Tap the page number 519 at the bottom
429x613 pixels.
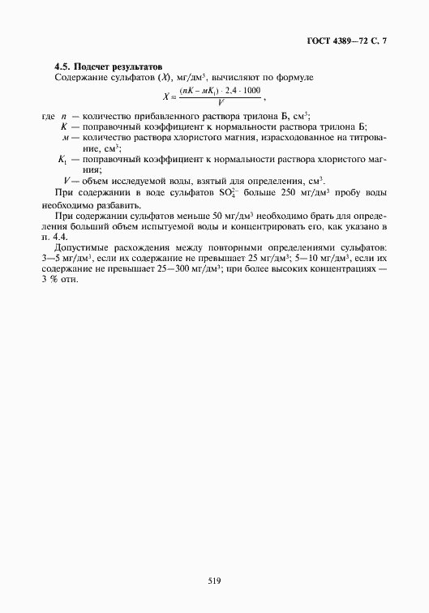[x=214, y=558]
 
